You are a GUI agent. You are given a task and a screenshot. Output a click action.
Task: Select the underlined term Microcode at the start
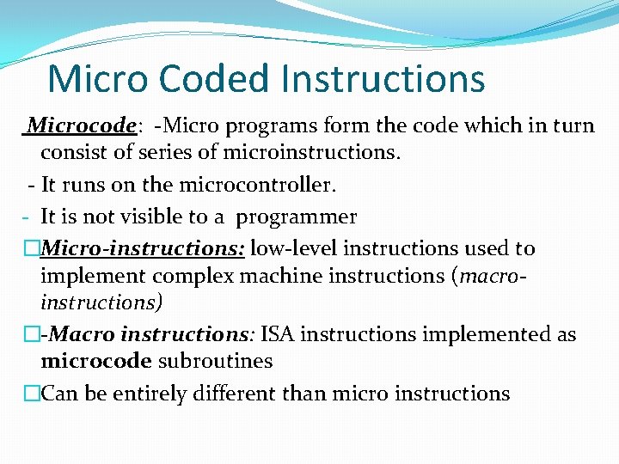click(x=83, y=126)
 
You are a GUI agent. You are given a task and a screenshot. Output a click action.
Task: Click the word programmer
click(x=298, y=217)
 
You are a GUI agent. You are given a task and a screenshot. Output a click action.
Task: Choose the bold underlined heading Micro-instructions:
click(x=143, y=249)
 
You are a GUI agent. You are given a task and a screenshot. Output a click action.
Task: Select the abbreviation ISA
click(x=276, y=334)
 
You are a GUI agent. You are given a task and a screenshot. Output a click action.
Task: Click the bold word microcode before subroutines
click(x=95, y=361)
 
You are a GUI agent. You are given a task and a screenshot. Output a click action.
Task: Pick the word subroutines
click(x=215, y=361)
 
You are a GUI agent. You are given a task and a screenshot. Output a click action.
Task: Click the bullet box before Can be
click(x=32, y=394)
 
